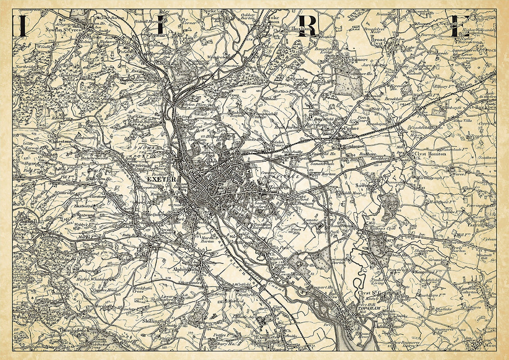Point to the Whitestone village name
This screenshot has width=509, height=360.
click(61, 140)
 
